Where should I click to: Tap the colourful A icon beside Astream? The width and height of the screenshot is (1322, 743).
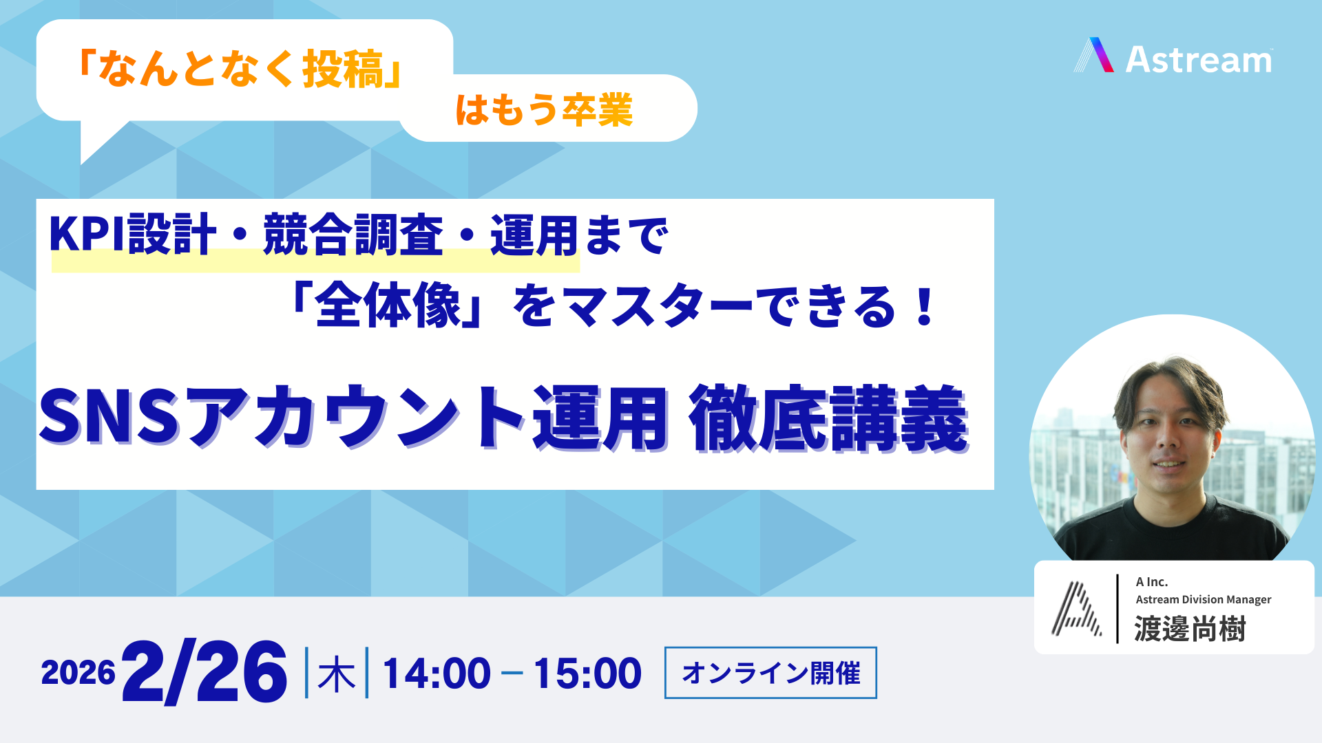[1093, 55]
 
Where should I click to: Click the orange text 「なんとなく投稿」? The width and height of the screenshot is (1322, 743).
[240, 69]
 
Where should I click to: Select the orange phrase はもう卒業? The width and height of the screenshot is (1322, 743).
[544, 109]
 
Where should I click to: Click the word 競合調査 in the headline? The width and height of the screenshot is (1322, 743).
[353, 235]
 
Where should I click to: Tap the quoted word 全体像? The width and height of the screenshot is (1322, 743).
[388, 306]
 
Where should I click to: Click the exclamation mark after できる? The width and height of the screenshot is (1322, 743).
[924, 307]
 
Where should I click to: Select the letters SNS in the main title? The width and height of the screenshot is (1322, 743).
[110, 417]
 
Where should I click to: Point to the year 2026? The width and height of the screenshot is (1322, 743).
[78, 673]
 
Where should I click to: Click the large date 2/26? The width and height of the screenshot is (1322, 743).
[204, 672]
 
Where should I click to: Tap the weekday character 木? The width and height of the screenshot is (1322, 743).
[337, 674]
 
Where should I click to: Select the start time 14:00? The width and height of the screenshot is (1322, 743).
[437, 674]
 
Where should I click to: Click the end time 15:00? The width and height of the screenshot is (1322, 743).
[587, 674]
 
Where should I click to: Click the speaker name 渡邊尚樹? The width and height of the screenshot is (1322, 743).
[1190, 629]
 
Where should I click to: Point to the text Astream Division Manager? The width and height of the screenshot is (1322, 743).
[1204, 600]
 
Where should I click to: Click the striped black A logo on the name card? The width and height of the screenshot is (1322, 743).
[1076, 609]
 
